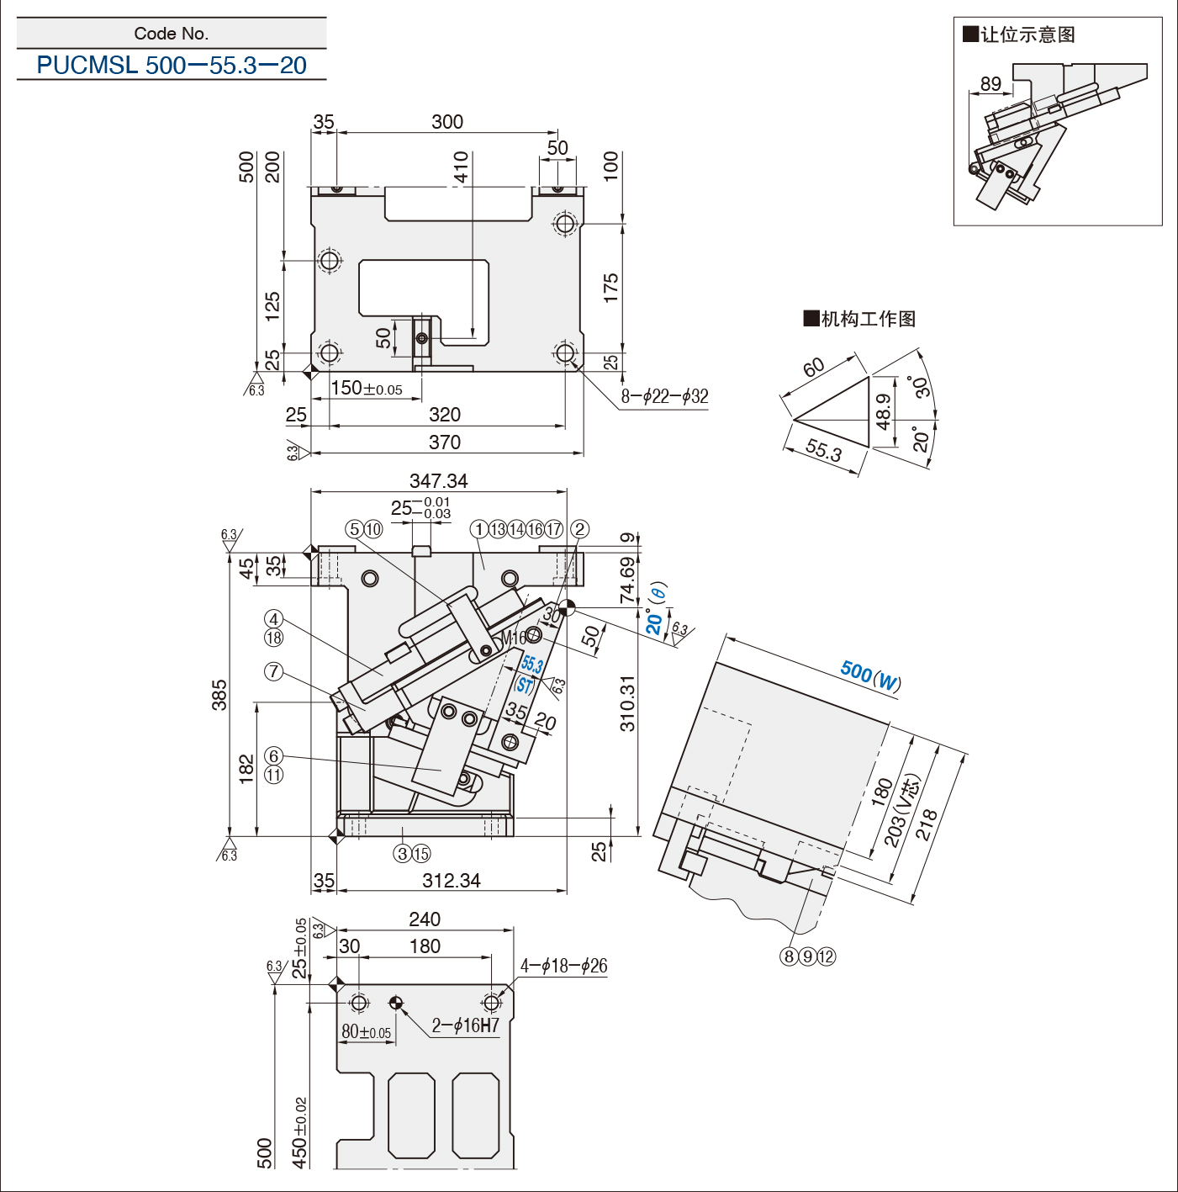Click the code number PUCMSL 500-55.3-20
tap(172, 65)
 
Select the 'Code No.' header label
tap(172, 34)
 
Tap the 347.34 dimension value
tap(438, 480)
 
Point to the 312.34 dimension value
tap(451, 880)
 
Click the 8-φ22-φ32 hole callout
tap(665, 396)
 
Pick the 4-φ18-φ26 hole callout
tap(563, 966)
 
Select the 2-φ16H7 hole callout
tap(465, 1025)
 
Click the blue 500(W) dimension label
tap(870, 675)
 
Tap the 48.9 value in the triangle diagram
tap(885, 411)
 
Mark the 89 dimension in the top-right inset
tap(990, 83)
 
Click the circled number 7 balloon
tap(274, 671)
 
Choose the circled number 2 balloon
tap(579, 529)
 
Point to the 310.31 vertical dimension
tap(627, 703)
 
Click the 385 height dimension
tap(219, 695)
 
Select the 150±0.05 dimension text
tap(366, 388)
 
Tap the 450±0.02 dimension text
tap(299, 1132)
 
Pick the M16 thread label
tap(513, 638)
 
